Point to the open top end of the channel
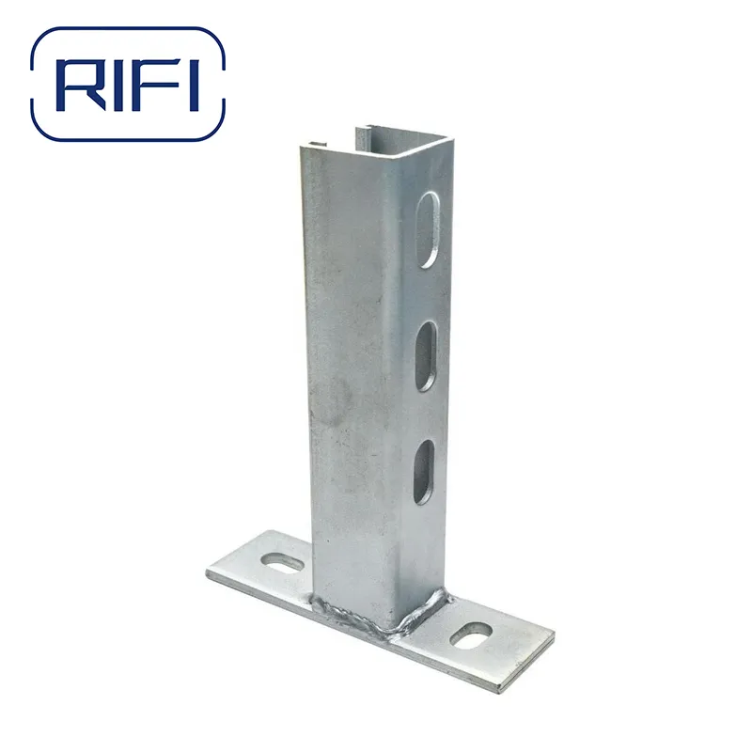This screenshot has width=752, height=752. pos(376,141)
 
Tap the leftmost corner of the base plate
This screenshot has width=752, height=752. pos(208,572)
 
